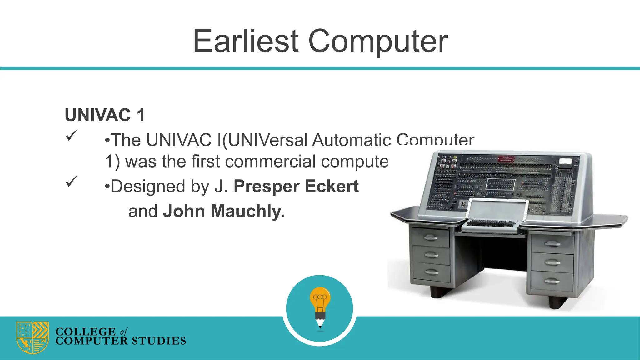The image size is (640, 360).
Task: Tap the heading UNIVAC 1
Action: pyautogui.click(x=105, y=115)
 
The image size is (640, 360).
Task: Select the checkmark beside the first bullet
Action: pyautogui.click(x=72, y=135)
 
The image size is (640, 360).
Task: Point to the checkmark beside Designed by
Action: pyautogui.click(x=72, y=181)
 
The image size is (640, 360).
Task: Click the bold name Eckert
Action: pyautogui.click(x=332, y=186)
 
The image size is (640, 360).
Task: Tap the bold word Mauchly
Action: pyautogui.click(x=248, y=211)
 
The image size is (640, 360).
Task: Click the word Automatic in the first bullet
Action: pyautogui.click(x=351, y=140)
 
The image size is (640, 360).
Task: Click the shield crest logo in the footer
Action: pyautogui.click(x=32, y=337)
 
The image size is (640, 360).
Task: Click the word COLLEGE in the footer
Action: pyautogui.click(x=85, y=331)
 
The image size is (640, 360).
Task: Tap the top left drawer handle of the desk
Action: pyautogui.click(x=431, y=238)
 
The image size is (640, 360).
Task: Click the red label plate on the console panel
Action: pyautogui.click(x=506, y=159)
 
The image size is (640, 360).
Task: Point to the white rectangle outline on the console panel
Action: pyautogui.click(x=500, y=184)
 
